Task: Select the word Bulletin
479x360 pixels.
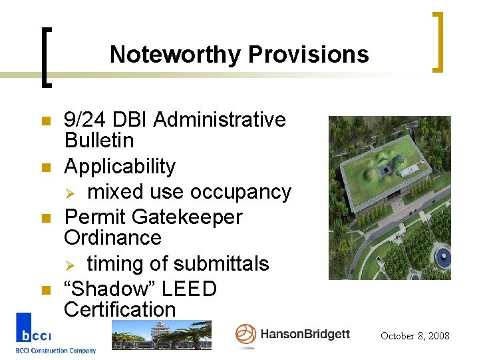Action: point(99,141)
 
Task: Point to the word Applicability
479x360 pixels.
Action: point(120,167)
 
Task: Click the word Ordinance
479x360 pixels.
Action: point(112,238)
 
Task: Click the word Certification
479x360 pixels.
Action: point(120,310)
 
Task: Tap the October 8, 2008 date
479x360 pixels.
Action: point(414,336)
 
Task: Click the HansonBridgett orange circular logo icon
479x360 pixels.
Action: point(245,335)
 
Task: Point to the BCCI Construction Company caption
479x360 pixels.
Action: point(56,351)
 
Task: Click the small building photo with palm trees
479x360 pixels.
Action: point(161,335)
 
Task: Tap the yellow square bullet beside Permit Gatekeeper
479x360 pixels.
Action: point(27,219)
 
